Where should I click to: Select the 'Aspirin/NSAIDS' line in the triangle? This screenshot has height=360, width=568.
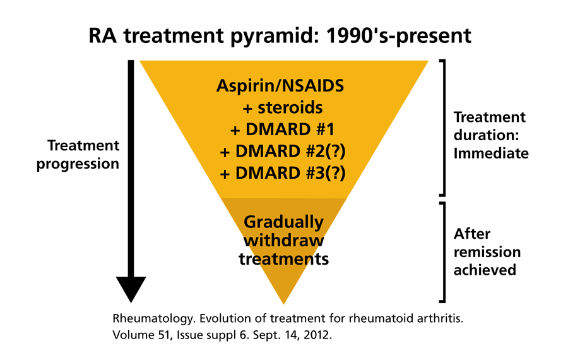(x=283, y=86)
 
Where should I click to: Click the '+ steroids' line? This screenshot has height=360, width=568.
(x=283, y=108)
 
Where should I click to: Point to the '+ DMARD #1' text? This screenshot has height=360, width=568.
(x=283, y=130)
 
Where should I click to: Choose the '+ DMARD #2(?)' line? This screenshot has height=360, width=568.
(x=283, y=152)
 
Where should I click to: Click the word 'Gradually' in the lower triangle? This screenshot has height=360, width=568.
(x=283, y=222)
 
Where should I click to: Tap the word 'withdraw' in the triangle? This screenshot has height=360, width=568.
(x=283, y=241)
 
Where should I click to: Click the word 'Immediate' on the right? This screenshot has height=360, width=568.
(x=491, y=153)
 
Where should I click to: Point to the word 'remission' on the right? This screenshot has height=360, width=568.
(x=487, y=252)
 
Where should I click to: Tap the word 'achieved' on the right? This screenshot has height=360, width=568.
(x=485, y=270)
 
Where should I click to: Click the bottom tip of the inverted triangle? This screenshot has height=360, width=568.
(x=283, y=302)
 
